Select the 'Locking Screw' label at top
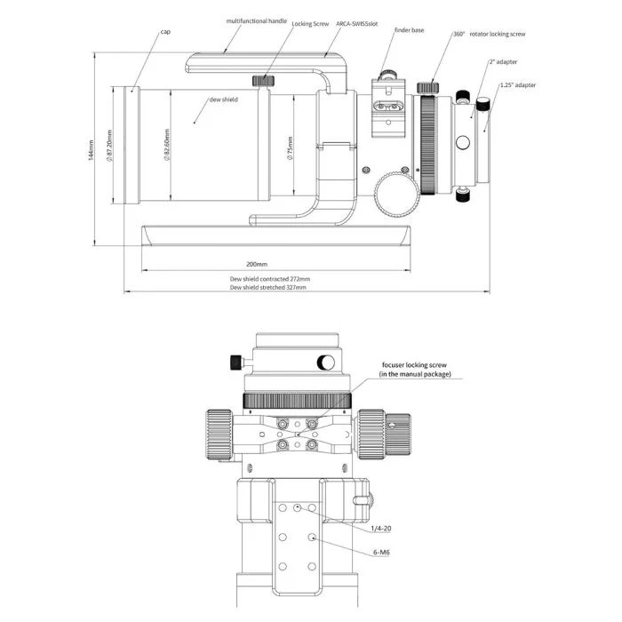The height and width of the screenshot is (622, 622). pos(310,24)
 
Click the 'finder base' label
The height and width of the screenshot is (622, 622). pos(411,30)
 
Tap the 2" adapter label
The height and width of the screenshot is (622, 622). pos(503,62)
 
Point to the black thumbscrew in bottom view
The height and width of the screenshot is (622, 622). pos(235,362)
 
